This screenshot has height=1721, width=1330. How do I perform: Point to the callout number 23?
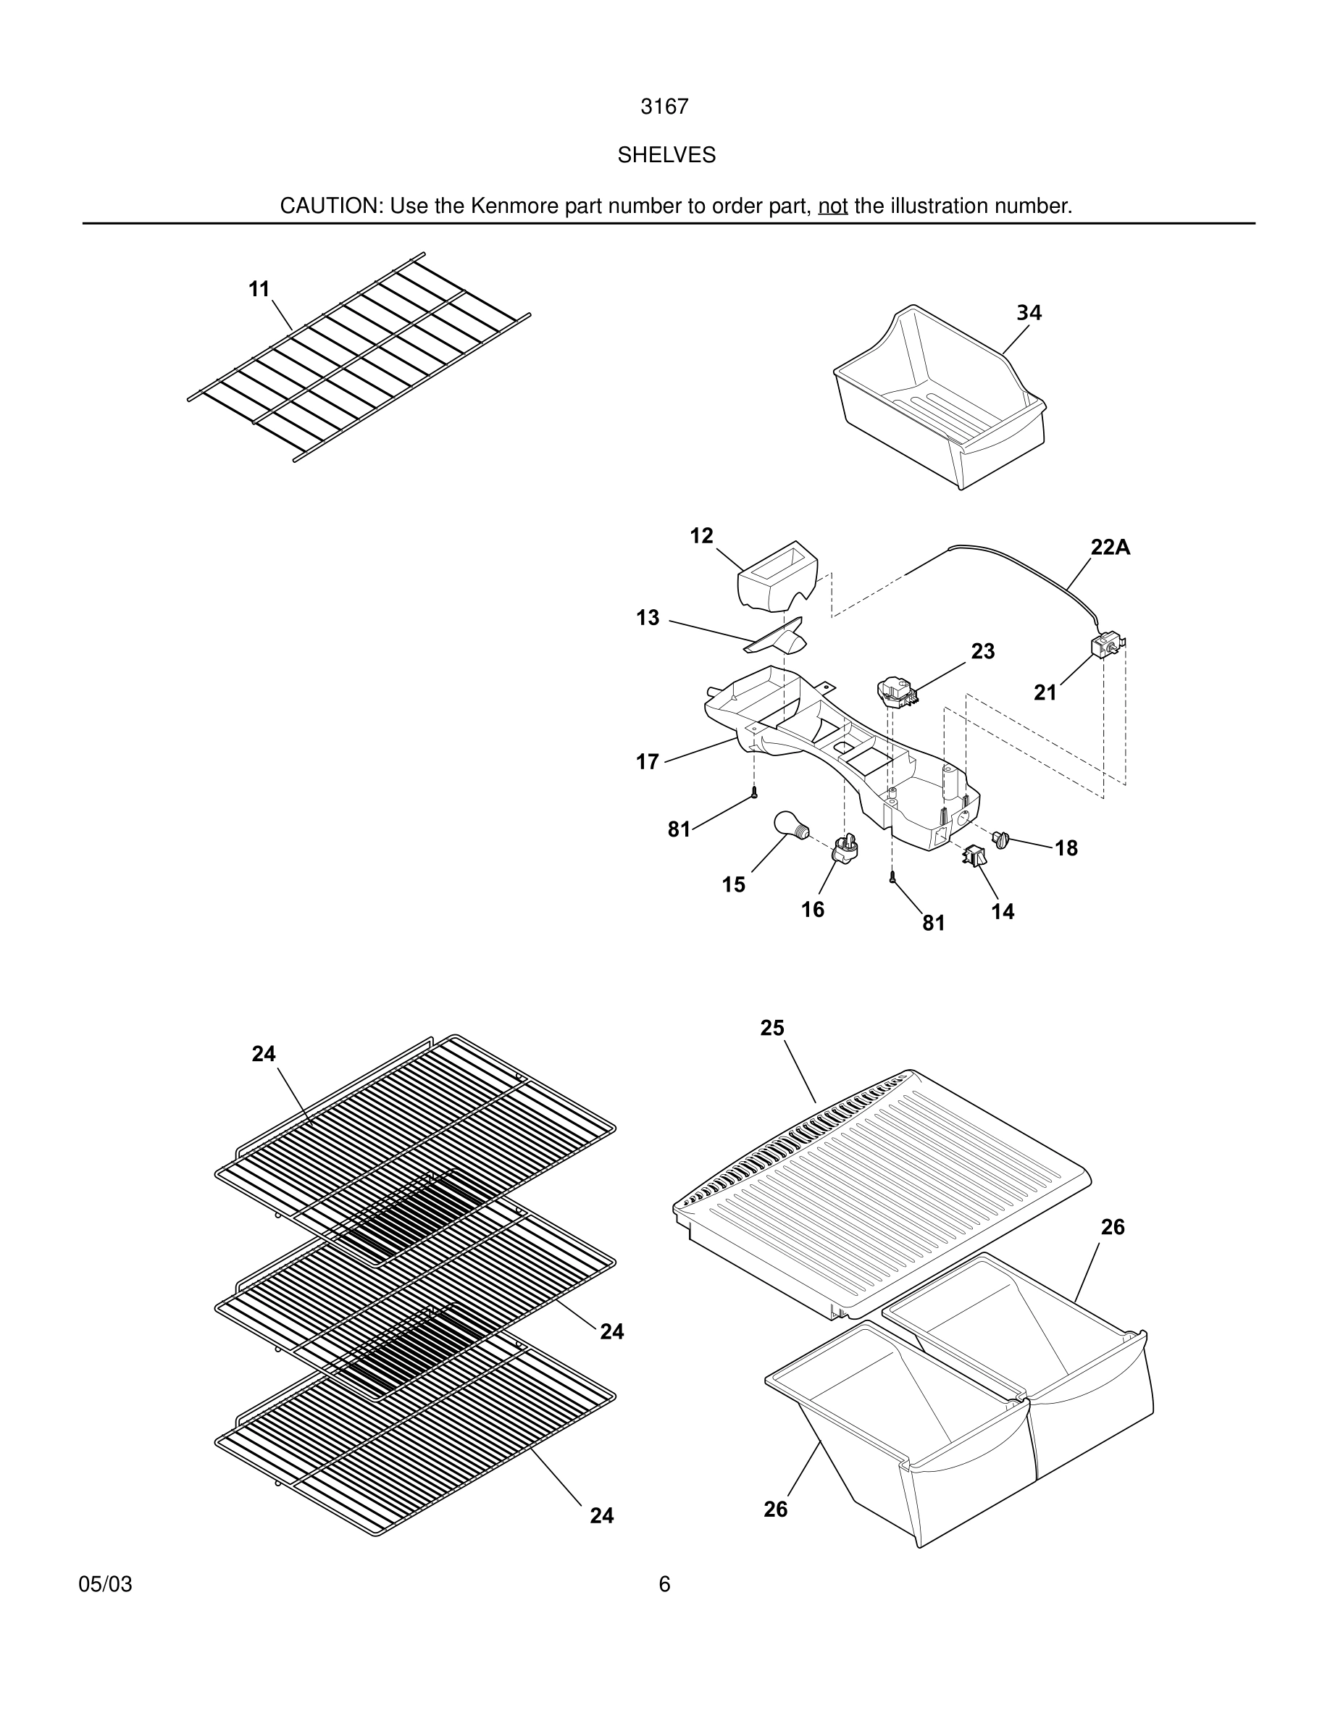click(982, 651)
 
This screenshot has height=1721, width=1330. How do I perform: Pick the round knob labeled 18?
click(1001, 839)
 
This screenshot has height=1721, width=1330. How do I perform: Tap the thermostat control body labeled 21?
click(1105, 646)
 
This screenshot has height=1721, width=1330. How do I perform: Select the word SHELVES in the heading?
click(666, 155)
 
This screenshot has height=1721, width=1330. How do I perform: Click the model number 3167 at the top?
click(664, 106)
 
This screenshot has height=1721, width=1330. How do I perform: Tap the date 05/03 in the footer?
click(106, 1584)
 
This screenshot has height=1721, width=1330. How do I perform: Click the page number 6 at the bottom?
click(664, 1584)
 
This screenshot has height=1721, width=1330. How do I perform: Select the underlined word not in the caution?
click(832, 206)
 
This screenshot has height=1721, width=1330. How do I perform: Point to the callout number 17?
click(647, 761)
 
